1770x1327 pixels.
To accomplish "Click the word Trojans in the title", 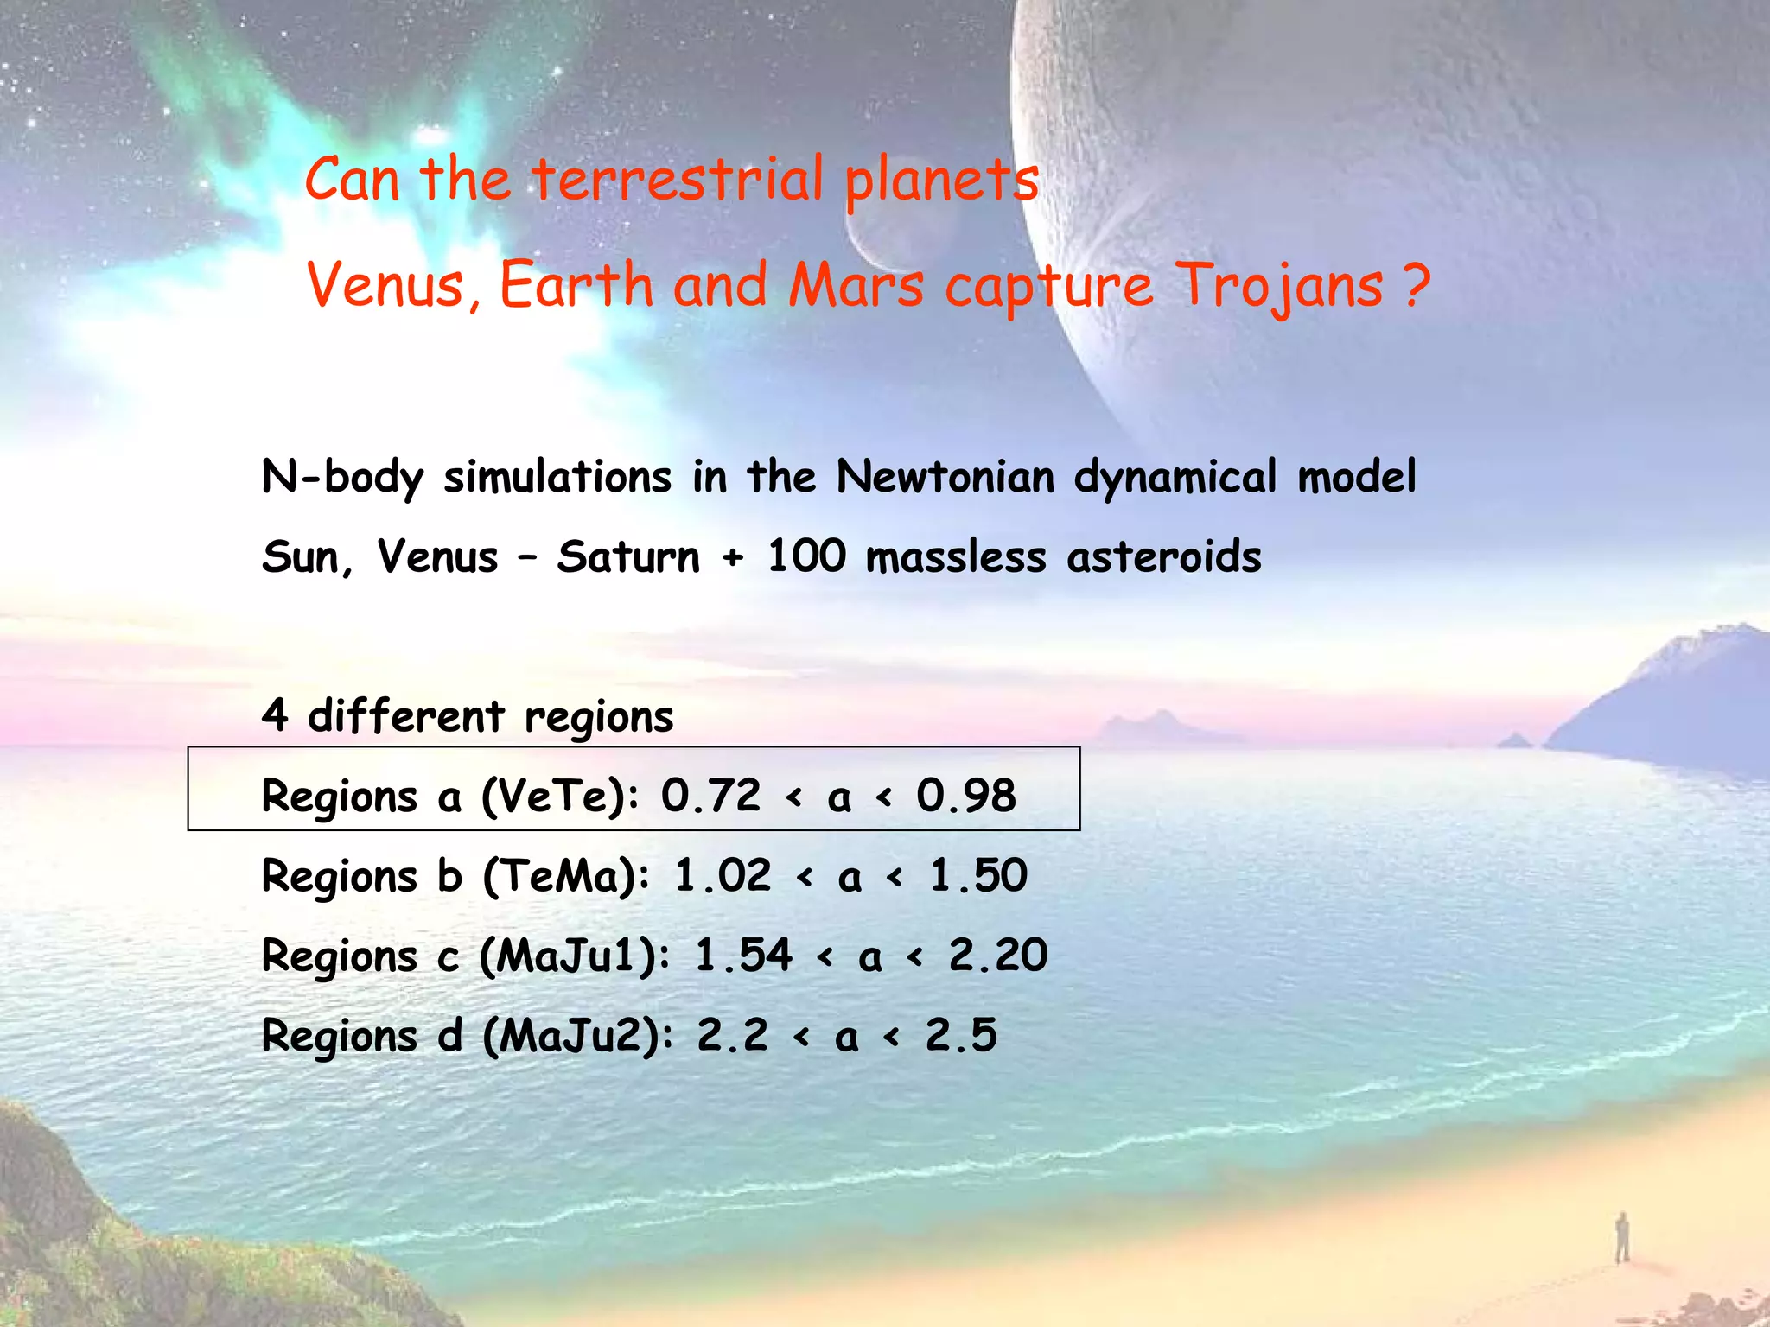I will (1280, 286).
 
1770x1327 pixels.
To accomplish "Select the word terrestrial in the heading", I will (678, 180).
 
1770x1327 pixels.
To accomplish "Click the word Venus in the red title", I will (386, 286).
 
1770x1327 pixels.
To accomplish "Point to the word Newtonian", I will (945, 477).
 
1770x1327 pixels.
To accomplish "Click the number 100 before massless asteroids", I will (806, 556).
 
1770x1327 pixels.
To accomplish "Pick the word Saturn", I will (628, 556).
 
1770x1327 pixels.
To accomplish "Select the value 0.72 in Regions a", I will (710, 795).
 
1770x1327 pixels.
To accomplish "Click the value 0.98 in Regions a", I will (966, 795).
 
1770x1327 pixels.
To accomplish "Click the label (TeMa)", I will (566, 876).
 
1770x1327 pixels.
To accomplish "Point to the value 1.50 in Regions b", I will (978, 876).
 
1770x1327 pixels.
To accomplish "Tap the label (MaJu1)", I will (575, 956).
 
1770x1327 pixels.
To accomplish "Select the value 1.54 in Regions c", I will (743, 956).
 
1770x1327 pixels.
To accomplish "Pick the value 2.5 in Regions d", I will (961, 1035).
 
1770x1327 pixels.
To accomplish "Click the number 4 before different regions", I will (275, 715).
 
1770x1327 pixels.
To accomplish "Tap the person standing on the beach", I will (1622, 1237).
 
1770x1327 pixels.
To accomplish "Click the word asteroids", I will (1164, 556).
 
